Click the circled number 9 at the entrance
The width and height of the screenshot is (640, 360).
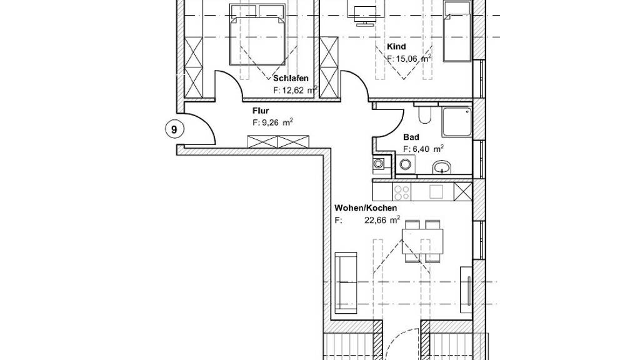click(x=174, y=130)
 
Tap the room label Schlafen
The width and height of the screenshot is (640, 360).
click(x=291, y=78)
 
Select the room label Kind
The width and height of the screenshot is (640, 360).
click(x=396, y=46)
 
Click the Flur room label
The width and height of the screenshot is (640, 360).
click(x=261, y=111)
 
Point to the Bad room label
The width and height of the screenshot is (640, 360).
click(x=411, y=137)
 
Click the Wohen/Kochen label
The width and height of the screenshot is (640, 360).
click(x=366, y=207)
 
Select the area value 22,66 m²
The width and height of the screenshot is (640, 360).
click(x=382, y=220)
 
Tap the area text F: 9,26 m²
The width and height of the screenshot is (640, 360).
click(x=272, y=122)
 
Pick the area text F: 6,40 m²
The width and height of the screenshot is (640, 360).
click(x=423, y=149)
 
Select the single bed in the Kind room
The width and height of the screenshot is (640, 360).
click(x=457, y=31)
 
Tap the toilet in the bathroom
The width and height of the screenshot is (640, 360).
click(x=424, y=114)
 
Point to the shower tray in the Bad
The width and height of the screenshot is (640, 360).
click(x=456, y=122)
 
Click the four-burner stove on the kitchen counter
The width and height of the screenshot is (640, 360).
click(x=401, y=192)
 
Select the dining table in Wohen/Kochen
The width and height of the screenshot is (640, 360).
click(x=422, y=241)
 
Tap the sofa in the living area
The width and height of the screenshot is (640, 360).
click(x=345, y=282)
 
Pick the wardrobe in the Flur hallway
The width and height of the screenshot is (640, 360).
click(x=278, y=142)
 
